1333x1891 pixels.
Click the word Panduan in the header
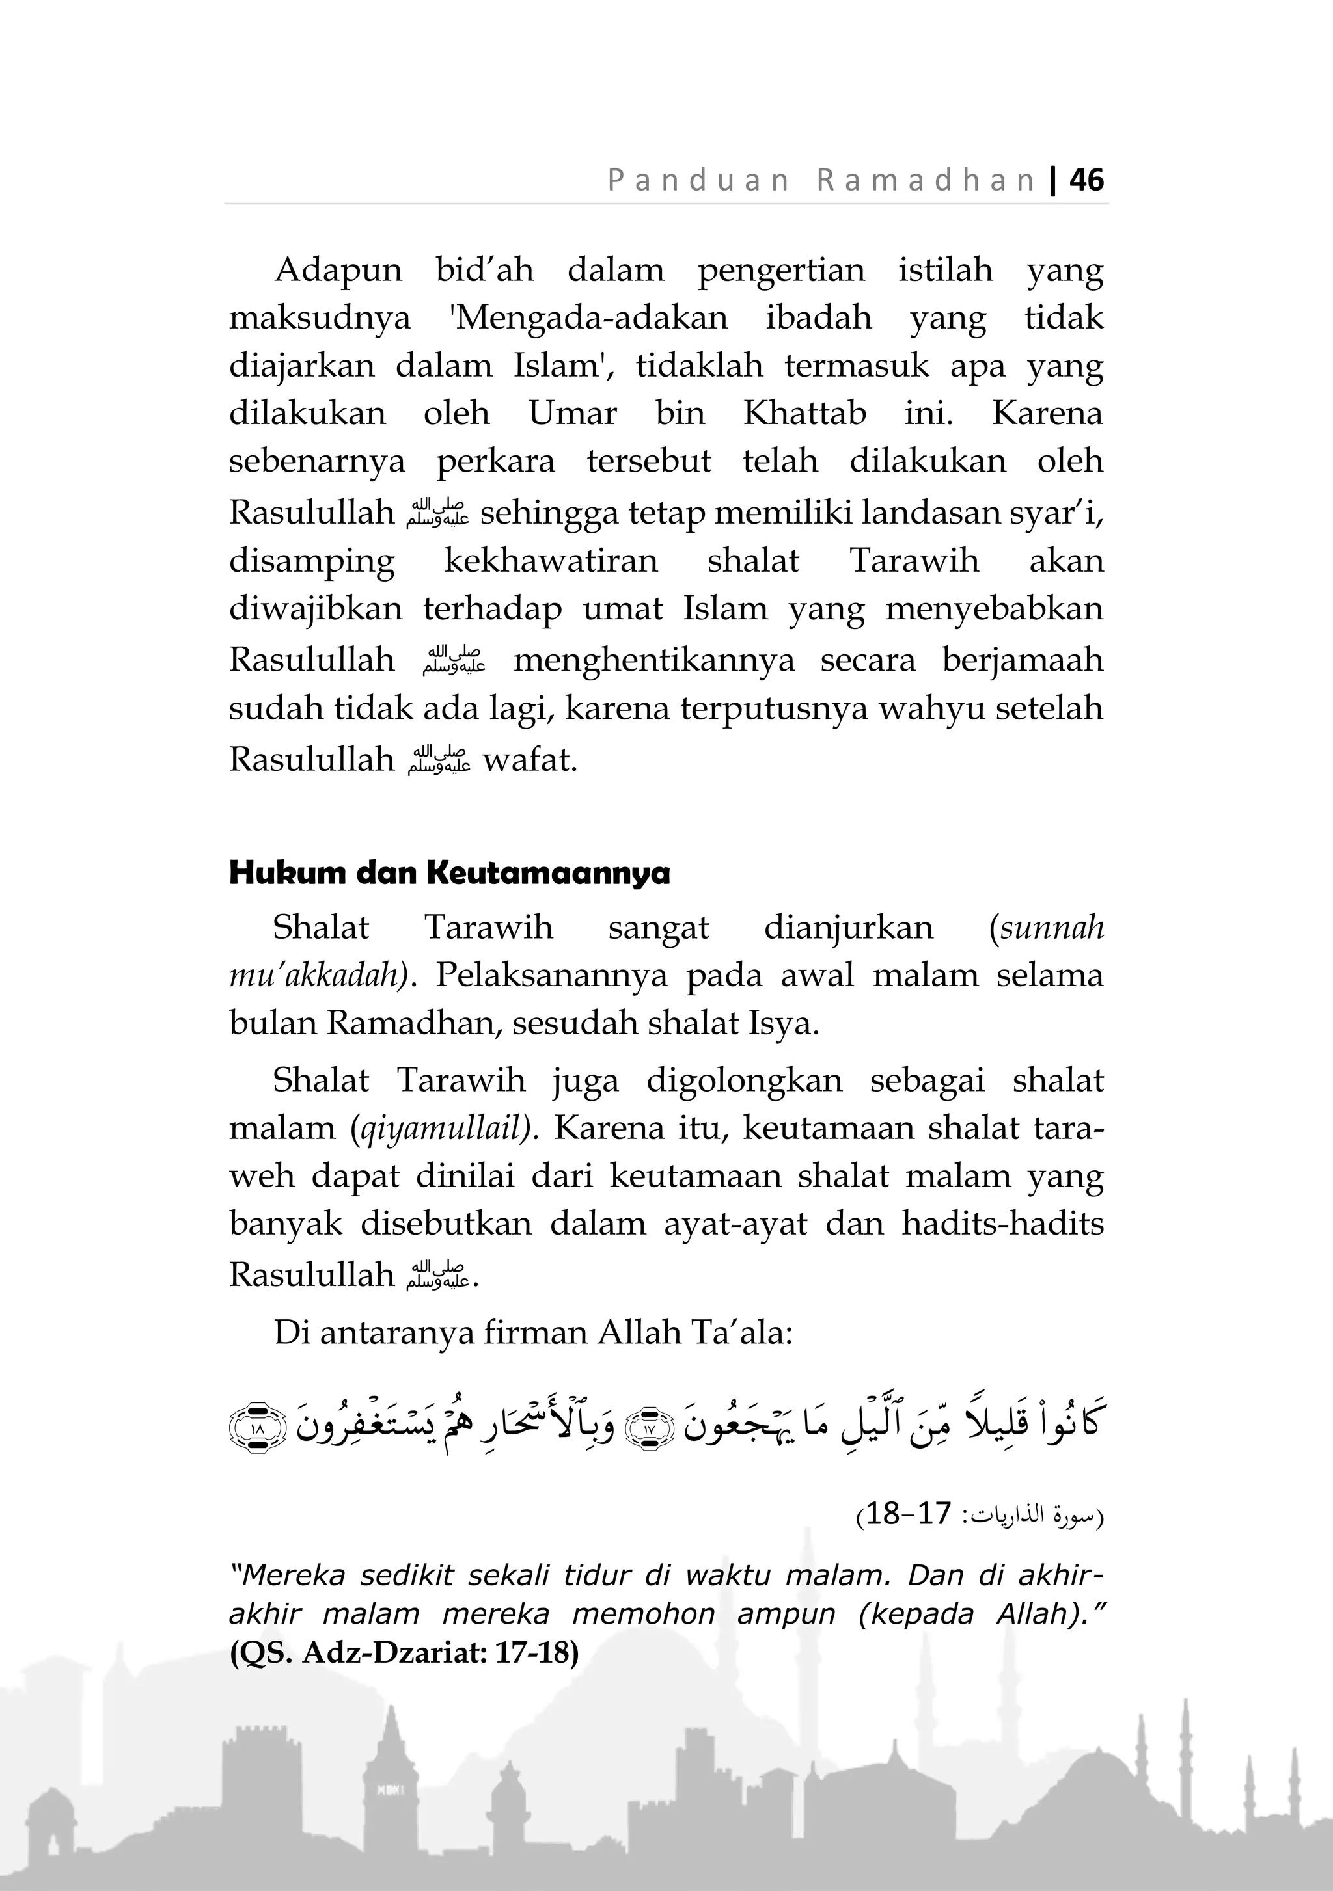pos(698,180)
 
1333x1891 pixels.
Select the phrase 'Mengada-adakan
pos(589,318)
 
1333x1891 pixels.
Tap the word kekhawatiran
pos(551,561)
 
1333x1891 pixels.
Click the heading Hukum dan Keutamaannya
pos(449,873)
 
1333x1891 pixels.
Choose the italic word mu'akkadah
pos(318,976)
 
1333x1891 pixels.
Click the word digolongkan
pos(744,1080)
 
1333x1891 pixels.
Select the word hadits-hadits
pos(1002,1224)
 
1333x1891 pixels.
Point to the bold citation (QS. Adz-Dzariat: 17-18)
pos(404,1653)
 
